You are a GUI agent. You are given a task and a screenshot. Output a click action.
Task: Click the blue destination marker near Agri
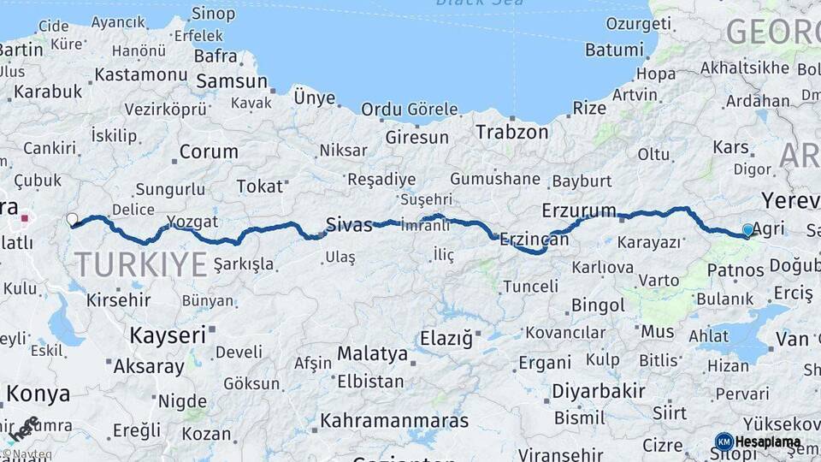coord(748,230)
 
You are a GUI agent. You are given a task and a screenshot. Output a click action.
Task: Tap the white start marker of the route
coord(72,219)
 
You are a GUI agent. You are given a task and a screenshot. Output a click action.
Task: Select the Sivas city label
coord(349,226)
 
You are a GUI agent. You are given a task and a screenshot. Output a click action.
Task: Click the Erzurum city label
coord(579,210)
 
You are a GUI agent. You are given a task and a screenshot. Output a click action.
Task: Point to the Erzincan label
coord(535,240)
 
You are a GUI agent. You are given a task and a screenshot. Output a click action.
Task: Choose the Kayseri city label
coord(168,335)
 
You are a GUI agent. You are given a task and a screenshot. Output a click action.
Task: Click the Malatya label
coord(372,353)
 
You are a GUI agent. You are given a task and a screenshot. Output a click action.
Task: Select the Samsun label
coord(231,81)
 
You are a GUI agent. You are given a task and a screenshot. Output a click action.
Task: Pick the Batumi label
coord(615,50)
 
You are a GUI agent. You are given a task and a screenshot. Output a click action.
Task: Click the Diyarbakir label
coord(597,391)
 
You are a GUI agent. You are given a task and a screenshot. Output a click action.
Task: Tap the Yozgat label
coord(192,222)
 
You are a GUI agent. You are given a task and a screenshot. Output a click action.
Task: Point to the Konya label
coord(38,394)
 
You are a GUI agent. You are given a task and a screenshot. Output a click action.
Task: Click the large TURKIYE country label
coord(141,264)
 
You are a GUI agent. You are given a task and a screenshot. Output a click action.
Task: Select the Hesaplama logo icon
coord(724,441)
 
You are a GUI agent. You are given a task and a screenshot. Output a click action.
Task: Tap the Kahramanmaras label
coord(394,421)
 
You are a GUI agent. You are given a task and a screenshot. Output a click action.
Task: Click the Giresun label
coord(416,137)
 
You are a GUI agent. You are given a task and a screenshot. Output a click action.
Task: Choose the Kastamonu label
coord(140,74)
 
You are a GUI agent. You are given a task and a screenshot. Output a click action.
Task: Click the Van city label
coord(792,339)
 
